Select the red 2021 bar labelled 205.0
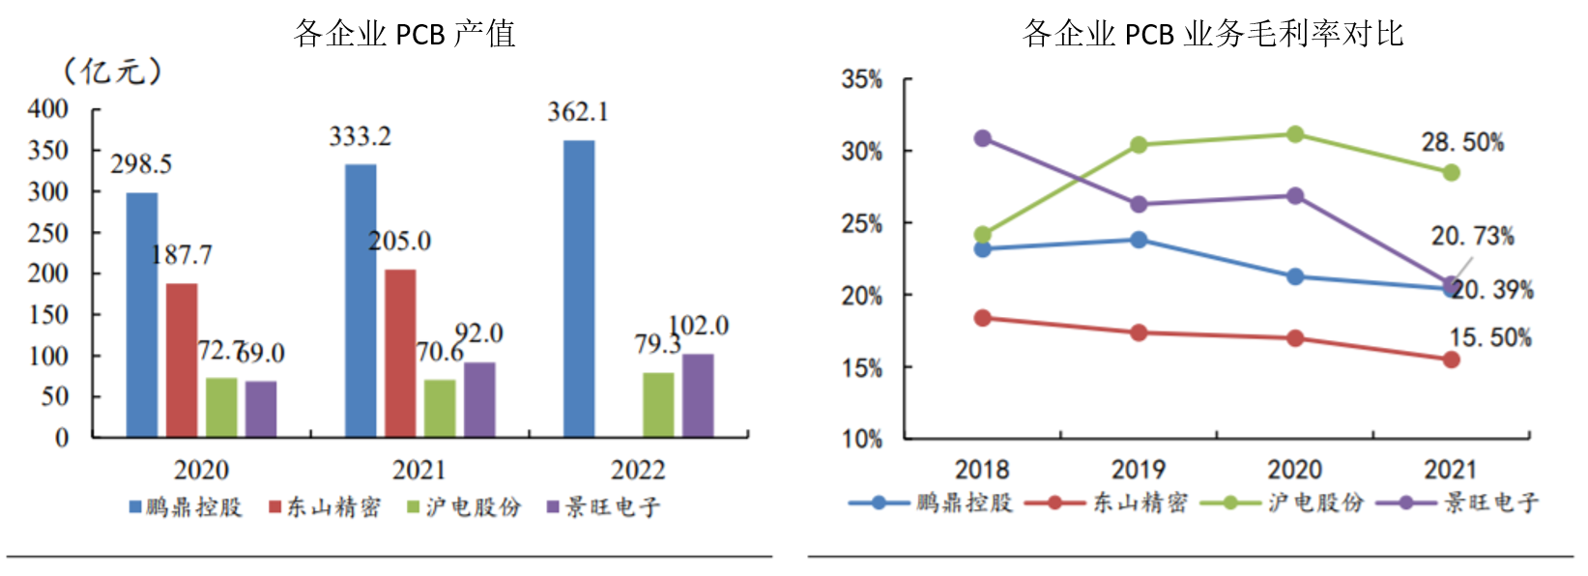click(x=400, y=353)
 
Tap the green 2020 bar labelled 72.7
click(x=221, y=407)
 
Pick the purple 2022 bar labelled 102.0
click(x=698, y=395)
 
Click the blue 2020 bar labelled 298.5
click(x=142, y=314)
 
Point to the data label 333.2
click(x=360, y=137)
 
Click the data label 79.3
click(x=657, y=345)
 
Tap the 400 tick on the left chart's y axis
click(x=48, y=109)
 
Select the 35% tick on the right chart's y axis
click(x=862, y=79)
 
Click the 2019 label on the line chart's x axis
click(x=1139, y=470)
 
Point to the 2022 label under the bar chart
click(x=638, y=471)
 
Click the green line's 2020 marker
click(x=1295, y=134)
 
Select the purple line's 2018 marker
click(x=983, y=138)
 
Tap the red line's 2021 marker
click(x=1451, y=360)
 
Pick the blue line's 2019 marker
click(x=1139, y=240)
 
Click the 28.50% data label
click(x=1462, y=143)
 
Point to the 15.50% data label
click(x=1490, y=338)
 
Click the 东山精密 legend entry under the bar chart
click(x=325, y=507)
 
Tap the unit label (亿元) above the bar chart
click(x=112, y=71)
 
